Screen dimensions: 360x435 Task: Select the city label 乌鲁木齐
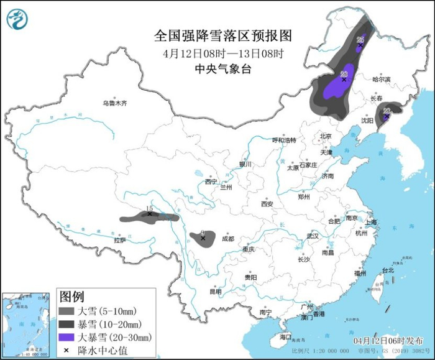pos(114,103)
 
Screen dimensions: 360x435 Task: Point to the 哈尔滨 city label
pos(381,80)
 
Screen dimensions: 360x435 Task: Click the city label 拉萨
pos(119,240)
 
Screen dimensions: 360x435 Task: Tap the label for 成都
pos(227,239)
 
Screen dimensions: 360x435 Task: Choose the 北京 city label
pos(326,136)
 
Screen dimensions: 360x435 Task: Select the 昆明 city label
pos(215,291)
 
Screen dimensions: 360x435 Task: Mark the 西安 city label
pos(267,203)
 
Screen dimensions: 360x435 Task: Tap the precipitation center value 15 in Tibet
pos(149,209)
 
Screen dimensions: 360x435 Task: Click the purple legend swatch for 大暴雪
pos(66,337)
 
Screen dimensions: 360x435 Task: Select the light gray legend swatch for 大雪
pos(66,311)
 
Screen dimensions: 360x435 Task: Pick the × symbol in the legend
pos(66,350)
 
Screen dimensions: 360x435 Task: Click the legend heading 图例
pos(71,296)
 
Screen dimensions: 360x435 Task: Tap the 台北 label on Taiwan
pos(387,270)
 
